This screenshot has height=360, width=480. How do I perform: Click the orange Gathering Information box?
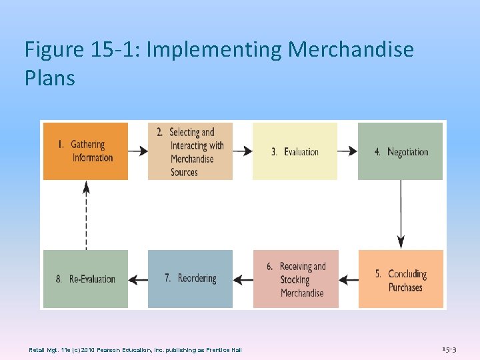(x=85, y=151)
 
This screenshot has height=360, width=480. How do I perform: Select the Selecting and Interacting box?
(x=190, y=151)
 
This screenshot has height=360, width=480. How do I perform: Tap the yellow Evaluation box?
(x=295, y=151)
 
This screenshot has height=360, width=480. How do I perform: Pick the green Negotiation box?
(x=400, y=151)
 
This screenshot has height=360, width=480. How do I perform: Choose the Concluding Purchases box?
(x=401, y=279)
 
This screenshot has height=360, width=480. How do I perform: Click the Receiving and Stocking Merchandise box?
(x=295, y=279)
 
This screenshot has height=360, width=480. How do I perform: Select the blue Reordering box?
(x=190, y=279)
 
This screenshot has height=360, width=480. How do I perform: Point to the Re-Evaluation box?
(x=85, y=279)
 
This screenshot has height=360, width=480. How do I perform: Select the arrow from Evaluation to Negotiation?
(x=347, y=151)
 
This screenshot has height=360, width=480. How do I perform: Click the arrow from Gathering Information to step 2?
(x=138, y=151)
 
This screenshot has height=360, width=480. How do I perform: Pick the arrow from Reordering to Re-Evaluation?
(x=138, y=279)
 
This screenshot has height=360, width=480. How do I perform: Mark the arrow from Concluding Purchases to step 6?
(x=348, y=279)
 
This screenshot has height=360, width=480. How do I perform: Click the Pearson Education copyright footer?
(x=135, y=350)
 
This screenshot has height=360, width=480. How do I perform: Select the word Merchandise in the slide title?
(x=351, y=49)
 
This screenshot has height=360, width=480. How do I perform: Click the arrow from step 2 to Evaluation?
(x=243, y=151)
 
